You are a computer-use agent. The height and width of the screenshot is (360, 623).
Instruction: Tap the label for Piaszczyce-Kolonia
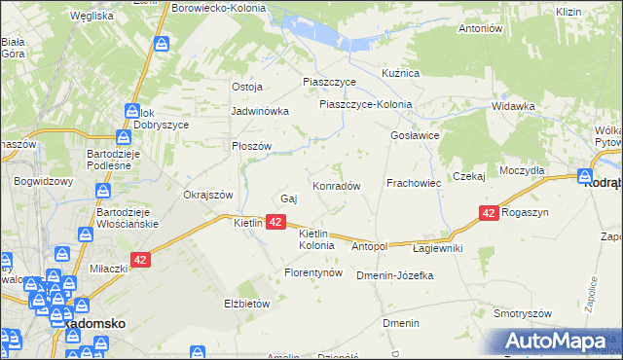[366, 105]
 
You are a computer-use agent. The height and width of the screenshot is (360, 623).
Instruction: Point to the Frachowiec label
[415, 183]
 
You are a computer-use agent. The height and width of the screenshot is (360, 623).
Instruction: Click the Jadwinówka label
[260, 111]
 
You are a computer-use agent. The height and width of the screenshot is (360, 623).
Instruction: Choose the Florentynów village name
[313, 273]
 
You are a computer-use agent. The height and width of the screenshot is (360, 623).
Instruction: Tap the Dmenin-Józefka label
[394, 275]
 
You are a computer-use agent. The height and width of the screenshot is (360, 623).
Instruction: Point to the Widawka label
[514, 106]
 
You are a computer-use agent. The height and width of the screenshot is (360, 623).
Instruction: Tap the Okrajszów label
[208, 195]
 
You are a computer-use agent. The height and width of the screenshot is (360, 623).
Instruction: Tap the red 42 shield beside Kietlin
[275, 223]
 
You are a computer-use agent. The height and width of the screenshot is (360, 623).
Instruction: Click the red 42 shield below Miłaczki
[140, 260]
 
